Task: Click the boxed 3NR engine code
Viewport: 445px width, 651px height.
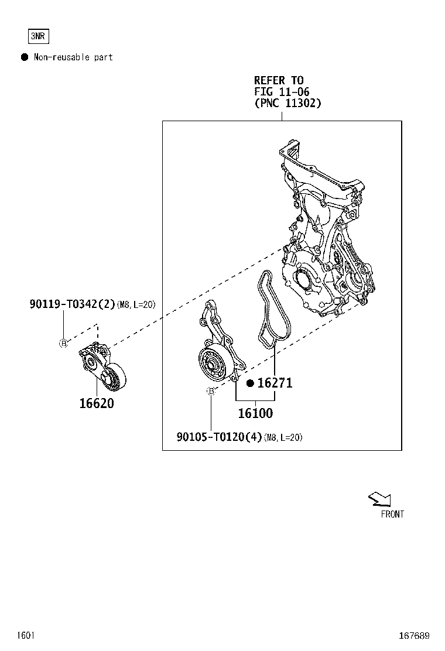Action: point(38,36)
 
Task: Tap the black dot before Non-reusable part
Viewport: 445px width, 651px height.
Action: point(25,57)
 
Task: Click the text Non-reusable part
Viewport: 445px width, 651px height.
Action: point(73,57)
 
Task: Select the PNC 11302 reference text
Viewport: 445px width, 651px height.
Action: point(287,102)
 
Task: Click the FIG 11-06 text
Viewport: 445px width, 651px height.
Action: point(281,91)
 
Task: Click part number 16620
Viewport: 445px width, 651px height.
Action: point(97,403)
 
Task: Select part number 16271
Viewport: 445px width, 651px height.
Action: point(275,383)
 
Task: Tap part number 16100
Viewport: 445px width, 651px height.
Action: point(255,413)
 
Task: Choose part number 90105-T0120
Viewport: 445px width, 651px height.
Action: point(219,437)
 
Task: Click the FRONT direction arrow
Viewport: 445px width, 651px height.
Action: point(379,499)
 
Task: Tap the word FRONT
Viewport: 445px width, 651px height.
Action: point(392,514)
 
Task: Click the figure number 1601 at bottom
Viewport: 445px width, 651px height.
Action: point(26,635)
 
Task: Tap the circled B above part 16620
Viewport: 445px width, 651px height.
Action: point(63,343)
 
